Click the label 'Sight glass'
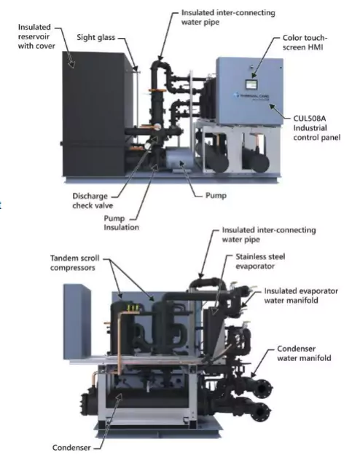click(95, 38)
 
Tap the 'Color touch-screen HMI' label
click(305, 42)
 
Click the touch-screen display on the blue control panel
click(252, 84)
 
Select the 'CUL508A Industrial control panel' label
click(316, 128)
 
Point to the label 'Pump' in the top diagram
click(216, 196)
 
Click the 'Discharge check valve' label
click(93, 201)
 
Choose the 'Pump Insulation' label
click(121, 223)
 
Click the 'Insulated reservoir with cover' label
click(36, 36)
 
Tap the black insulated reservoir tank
click(94, 114)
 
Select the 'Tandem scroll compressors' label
click(74, 263)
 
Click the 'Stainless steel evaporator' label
click(260, 261)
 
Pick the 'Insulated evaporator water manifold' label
click(301, 296)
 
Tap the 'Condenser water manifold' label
click(304, 353)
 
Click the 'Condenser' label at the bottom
click(71, 448)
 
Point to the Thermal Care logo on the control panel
click(251, 96)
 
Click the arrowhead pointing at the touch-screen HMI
click(254, 76)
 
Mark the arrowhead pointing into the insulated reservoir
click(71, 64)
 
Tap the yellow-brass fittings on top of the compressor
click(133, 308)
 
